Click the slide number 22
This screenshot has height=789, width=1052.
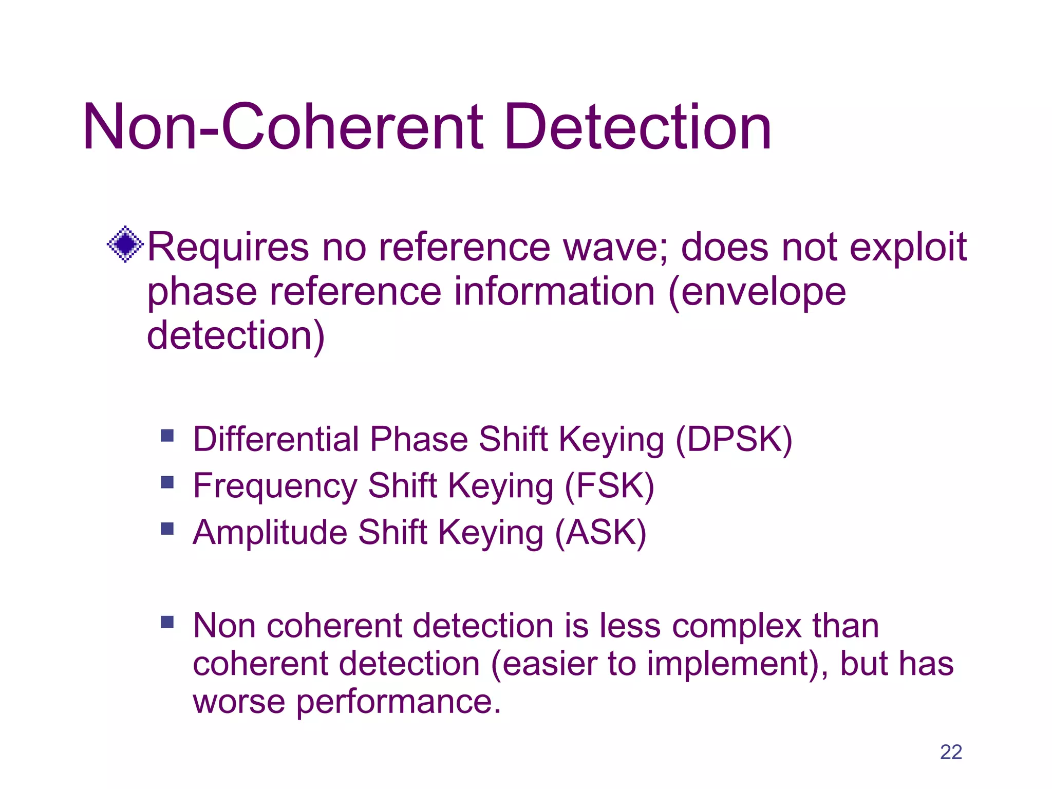coord(951,752)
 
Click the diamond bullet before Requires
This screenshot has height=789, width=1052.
coord(125,244)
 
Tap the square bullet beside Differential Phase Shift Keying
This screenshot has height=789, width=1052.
coord(167,436)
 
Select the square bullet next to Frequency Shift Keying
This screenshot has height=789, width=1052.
coord(167,482)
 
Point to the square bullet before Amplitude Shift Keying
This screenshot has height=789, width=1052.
coord(167,529)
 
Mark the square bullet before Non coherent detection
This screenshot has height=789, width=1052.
coord(167,623)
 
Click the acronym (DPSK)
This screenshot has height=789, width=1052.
coord(734,440)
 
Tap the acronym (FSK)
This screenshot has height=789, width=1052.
coord(609,486)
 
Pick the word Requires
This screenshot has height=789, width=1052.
coord(228,248)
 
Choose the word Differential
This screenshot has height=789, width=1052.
coord(276,440)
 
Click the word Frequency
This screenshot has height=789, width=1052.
coord(275,487)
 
